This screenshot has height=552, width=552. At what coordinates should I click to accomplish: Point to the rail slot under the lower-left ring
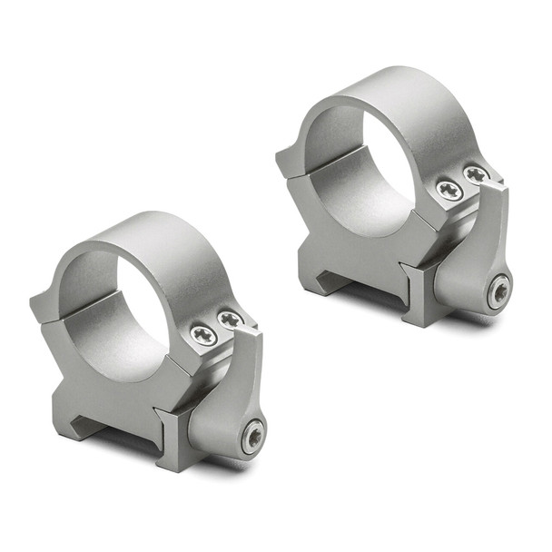click(109, 427)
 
